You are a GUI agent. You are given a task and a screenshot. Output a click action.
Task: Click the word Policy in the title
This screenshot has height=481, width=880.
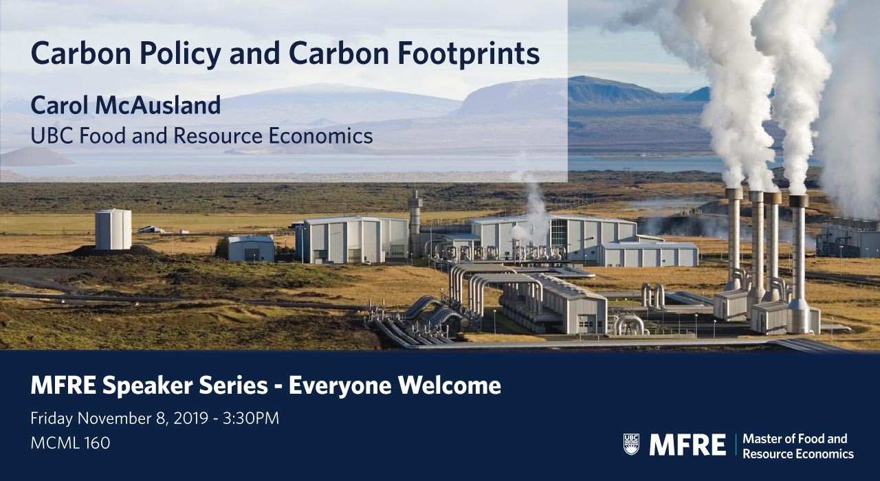coord(180,54)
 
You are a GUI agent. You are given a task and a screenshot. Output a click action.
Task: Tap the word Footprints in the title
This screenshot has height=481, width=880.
coord(469,54)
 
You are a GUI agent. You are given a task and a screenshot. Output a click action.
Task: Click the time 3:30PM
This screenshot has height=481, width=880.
coord(251,418)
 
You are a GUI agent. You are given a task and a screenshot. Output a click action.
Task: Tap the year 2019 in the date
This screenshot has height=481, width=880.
coord(191,418)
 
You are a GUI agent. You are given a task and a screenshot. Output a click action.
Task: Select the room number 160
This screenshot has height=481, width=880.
coord(97,443)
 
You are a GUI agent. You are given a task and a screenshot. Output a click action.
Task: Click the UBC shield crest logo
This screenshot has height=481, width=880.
coord(631,444)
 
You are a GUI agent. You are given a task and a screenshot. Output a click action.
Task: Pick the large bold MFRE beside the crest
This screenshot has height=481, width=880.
coord(687,445)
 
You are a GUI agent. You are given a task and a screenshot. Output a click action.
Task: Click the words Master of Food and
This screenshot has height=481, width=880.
coord(795,438)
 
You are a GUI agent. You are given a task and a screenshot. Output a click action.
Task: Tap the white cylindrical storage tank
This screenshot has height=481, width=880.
coord(113,230)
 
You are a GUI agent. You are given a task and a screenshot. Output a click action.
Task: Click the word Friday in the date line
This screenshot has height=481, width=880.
coord(52,418)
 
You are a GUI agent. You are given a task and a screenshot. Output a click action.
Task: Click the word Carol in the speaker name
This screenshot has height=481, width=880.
coord(60,105)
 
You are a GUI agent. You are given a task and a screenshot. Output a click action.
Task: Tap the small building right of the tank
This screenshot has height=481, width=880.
coord(251,249)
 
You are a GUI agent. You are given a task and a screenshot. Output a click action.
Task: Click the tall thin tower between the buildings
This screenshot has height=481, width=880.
coord(415,224)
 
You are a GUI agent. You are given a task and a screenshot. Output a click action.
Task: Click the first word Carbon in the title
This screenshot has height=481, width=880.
coord(81,54)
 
